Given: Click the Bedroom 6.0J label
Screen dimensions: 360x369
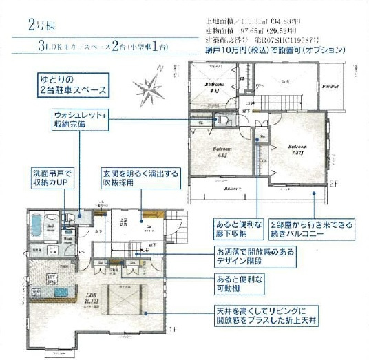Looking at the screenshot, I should point(221,151).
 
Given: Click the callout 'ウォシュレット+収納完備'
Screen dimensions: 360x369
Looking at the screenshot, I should point(81,120).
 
